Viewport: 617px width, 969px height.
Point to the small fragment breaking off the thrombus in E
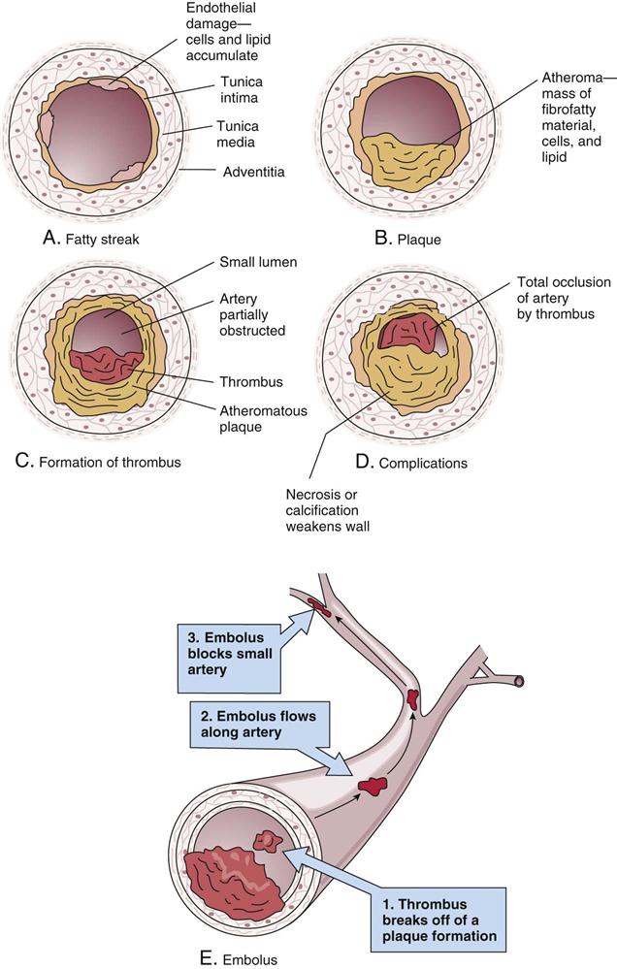click(x=263, y=840)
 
